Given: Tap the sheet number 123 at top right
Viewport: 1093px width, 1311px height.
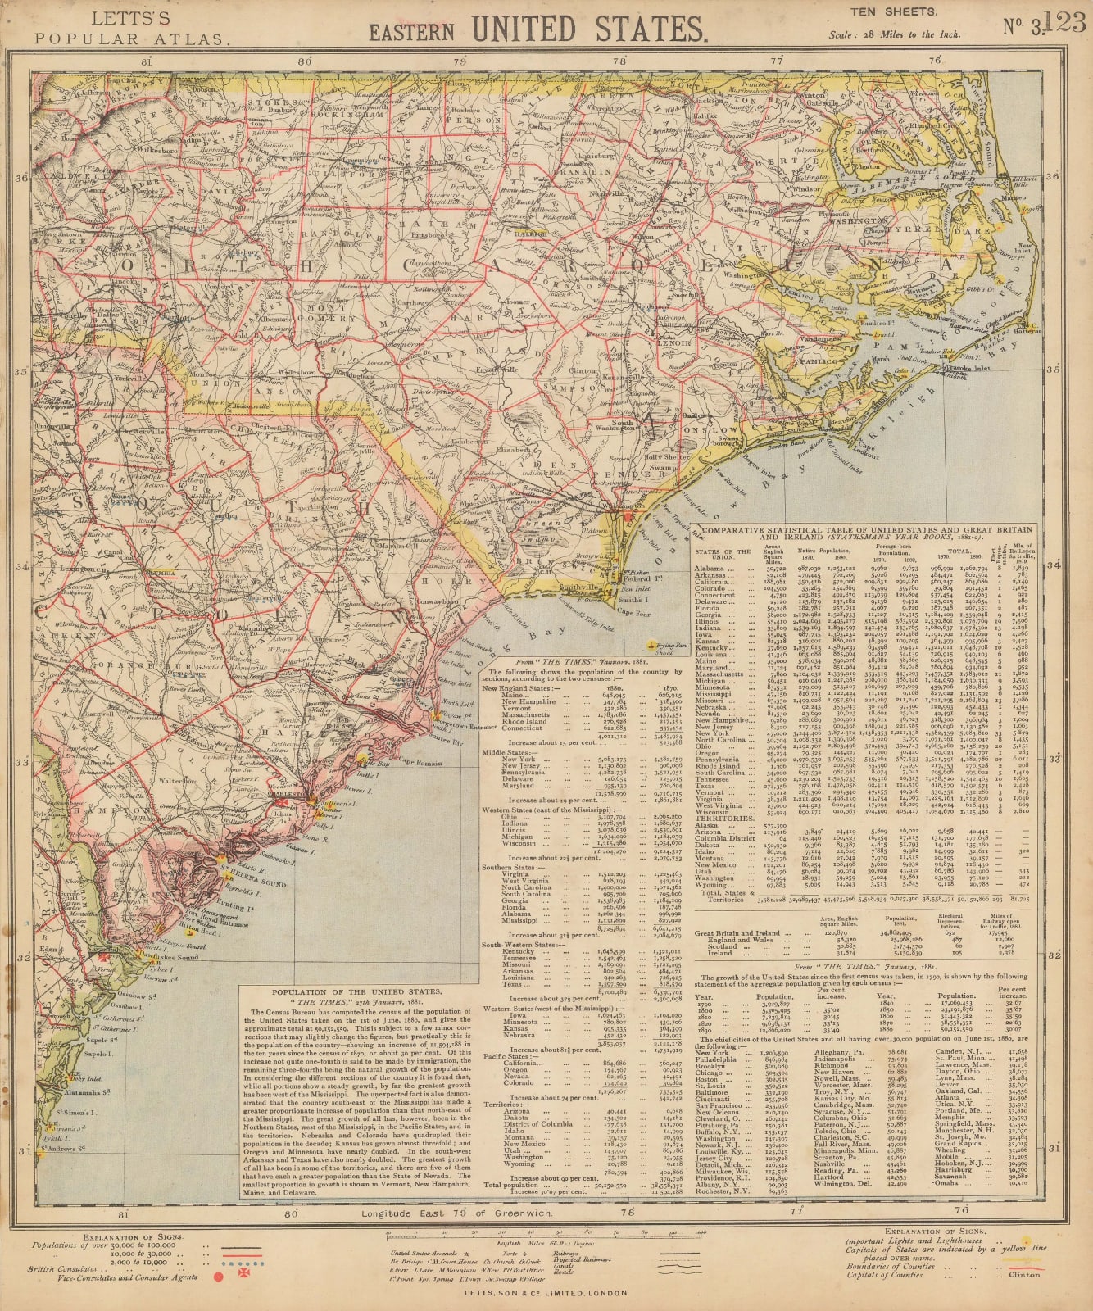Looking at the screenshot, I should click(x=1066, y=22).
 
